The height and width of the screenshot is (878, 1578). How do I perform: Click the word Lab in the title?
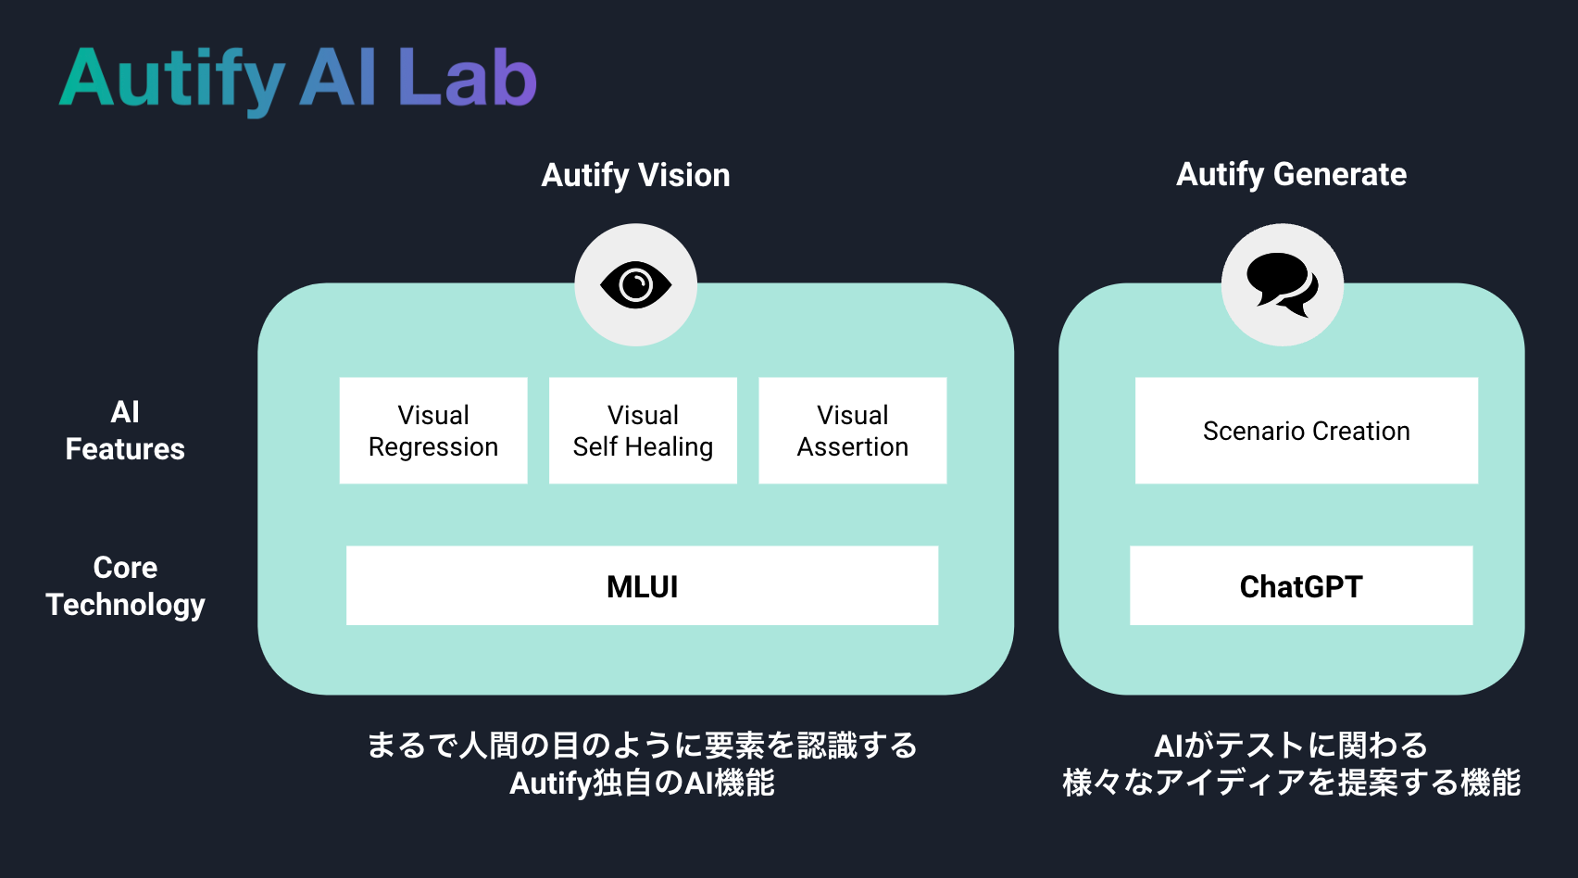(467, 79)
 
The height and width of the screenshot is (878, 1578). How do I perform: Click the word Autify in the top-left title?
(171, 81)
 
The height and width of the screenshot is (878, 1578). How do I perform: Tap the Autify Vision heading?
(635, 175)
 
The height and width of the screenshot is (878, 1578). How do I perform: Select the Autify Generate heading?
(1291, 174)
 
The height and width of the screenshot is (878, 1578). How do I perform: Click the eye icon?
(635, 284)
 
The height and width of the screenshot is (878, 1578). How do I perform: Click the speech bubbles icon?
(1282, 284)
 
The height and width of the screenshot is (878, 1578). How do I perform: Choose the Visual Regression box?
(433, 431)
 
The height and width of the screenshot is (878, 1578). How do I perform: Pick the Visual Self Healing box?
(643, 431)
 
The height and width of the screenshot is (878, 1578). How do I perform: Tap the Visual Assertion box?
(852, 431)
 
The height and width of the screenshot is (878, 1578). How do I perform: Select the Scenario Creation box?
(1306, 431)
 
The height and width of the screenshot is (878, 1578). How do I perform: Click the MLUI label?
(642, 586)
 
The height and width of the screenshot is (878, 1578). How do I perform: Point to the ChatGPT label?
(1300, 586)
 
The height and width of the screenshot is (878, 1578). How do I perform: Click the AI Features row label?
(125, 431)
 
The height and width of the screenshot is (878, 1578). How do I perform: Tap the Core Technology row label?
(125, 586)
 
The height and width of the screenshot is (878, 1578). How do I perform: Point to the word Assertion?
(852, 447)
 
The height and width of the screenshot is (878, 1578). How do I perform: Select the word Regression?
(433, 447)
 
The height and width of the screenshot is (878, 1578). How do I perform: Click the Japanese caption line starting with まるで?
(642, 745)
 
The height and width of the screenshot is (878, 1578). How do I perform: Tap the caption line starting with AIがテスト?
(1290, 745)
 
